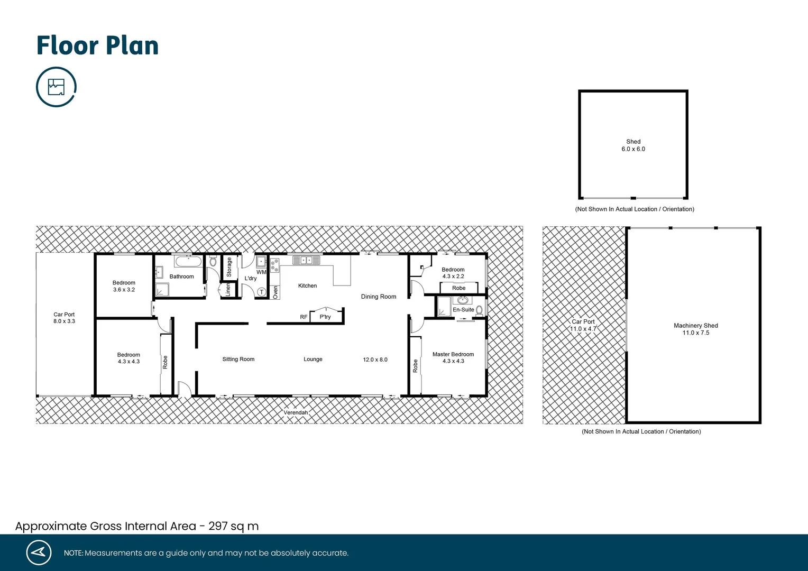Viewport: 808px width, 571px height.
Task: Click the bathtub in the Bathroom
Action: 188,261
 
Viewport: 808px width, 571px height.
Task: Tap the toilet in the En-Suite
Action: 479,310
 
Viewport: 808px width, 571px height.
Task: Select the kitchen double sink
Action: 306,260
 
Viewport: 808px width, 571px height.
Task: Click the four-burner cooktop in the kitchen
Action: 274,265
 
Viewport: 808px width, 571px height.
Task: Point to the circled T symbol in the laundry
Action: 261,292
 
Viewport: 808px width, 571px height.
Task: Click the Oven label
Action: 275,292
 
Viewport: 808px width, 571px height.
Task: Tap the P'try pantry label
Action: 325,317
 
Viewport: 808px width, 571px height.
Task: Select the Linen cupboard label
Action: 228,290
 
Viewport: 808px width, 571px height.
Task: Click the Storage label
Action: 229,268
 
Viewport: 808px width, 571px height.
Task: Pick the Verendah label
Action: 296,412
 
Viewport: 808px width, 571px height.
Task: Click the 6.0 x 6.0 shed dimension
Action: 633,149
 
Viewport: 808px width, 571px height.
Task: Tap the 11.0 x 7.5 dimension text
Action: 695,333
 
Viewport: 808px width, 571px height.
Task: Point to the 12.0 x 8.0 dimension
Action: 375,360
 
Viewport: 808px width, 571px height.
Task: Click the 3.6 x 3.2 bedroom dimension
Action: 124,290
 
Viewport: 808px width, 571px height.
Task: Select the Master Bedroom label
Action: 453,354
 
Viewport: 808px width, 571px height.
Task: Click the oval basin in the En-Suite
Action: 463,300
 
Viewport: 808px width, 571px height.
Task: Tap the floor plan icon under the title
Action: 56,87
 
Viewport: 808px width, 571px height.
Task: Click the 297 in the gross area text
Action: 218,526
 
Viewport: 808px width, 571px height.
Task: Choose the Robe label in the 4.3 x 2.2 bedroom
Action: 458,288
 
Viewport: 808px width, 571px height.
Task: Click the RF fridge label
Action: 304,317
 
